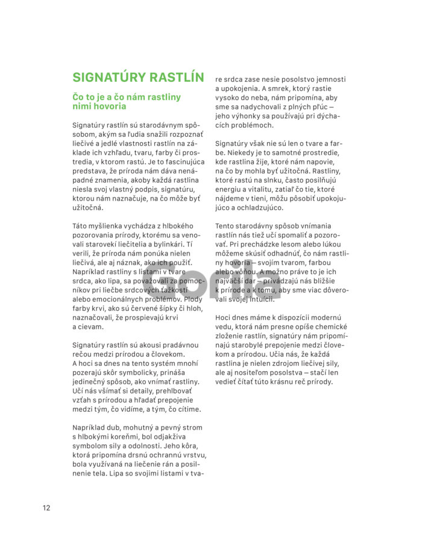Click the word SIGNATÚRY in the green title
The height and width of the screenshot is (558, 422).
[x=109, y=77]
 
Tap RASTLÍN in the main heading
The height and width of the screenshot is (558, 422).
[x=177, y=77]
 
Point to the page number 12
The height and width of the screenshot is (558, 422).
[x=46, y=507]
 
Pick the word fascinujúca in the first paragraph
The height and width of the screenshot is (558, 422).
[x=181, y=162]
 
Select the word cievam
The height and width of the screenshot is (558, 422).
[x=92, y=327]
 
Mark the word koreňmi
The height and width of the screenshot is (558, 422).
[x=129, y=437]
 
